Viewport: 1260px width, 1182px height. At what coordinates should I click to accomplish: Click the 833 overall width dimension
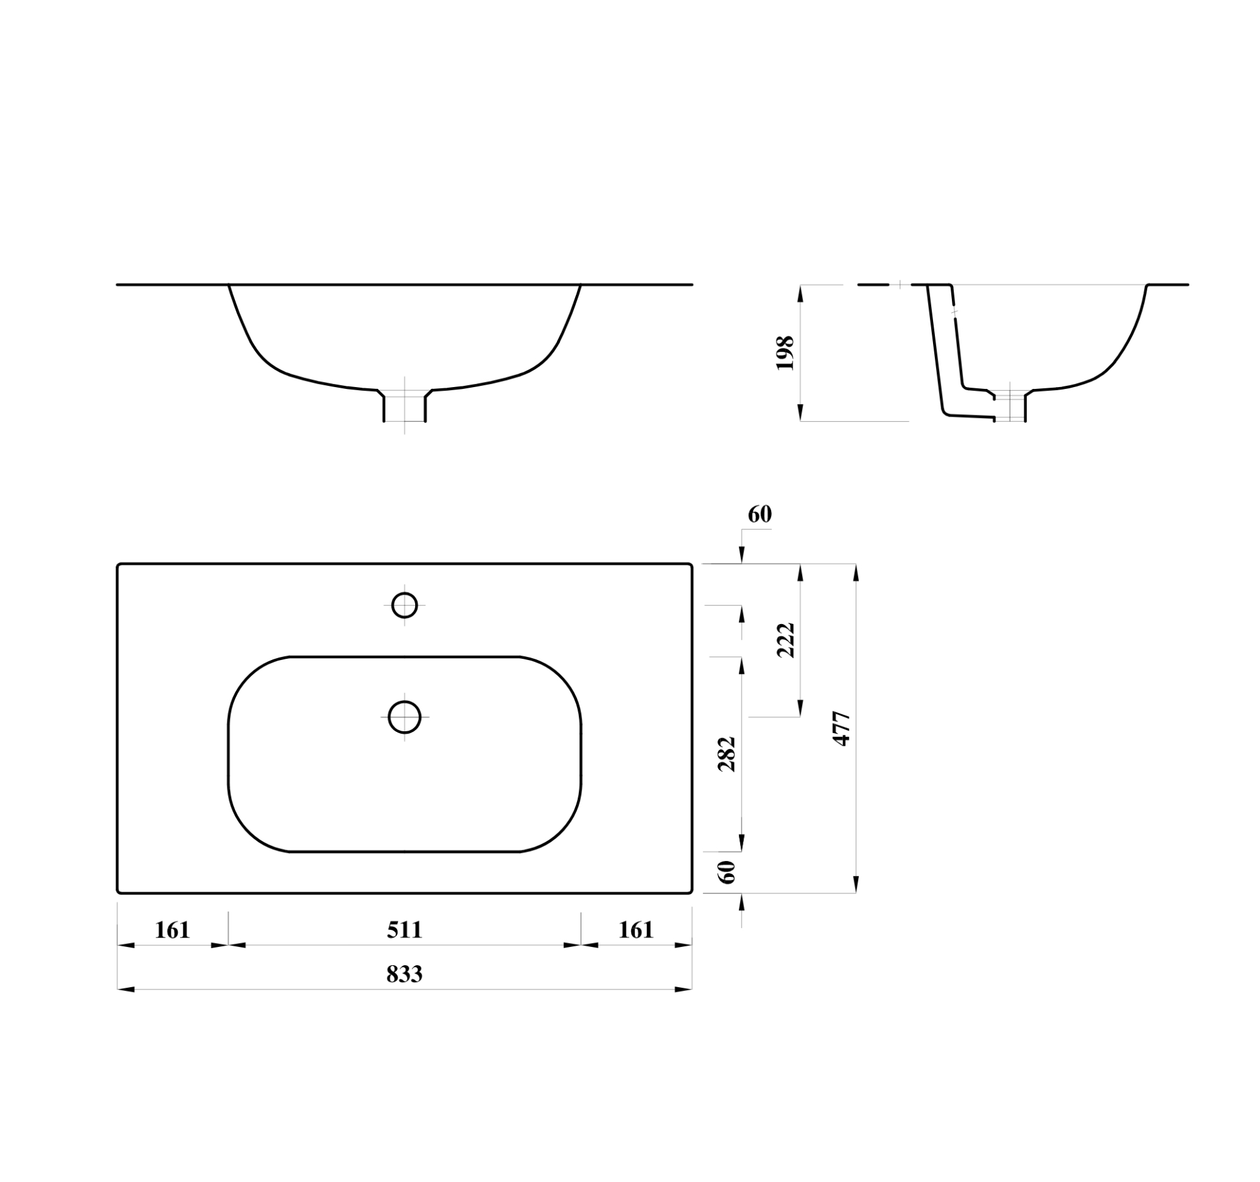coord(404,973)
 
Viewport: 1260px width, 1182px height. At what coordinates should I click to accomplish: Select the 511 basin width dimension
coord(404,930)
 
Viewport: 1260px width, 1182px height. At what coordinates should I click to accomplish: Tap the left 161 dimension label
coord(173,930)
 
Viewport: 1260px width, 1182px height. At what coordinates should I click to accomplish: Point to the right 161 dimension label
coord(636,930)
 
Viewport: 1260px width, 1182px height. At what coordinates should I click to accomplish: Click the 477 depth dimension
coord(842,729)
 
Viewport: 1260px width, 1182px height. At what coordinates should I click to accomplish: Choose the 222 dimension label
coord(786,640)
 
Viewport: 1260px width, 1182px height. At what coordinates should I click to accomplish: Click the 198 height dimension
coord(785,352)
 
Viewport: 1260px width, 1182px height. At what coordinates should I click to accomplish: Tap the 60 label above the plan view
coord(759,514)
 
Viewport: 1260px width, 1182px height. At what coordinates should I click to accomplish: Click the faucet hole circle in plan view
coord(404,605)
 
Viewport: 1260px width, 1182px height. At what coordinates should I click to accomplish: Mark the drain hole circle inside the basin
coord(404,717)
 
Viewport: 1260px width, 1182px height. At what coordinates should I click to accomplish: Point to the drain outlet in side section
coord(1010,407)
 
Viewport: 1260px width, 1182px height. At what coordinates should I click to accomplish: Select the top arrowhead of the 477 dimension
coord(856,572)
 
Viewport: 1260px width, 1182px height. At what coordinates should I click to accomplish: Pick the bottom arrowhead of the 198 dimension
coord(800,412)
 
